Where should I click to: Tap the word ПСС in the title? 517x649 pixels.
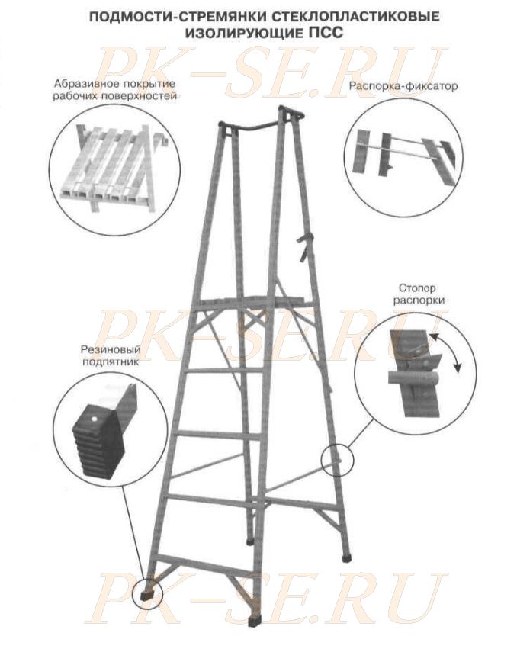(x=326, y=32)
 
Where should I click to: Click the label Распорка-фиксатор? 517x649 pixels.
(x=403, y=86)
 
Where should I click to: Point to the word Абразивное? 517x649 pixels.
(x=85, y=84)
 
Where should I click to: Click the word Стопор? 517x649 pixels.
(x=417, y=288)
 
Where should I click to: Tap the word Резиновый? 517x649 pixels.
(x=111, y=350)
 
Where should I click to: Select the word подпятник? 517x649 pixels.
(x=111, y=361)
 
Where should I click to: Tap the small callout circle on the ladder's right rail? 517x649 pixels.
(x=338, y=459)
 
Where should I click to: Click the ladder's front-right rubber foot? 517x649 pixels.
(x=253, y=622)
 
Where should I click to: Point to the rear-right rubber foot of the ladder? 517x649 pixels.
(x=347, y=557)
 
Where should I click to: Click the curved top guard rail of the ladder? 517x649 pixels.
(x=261, y=119)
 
